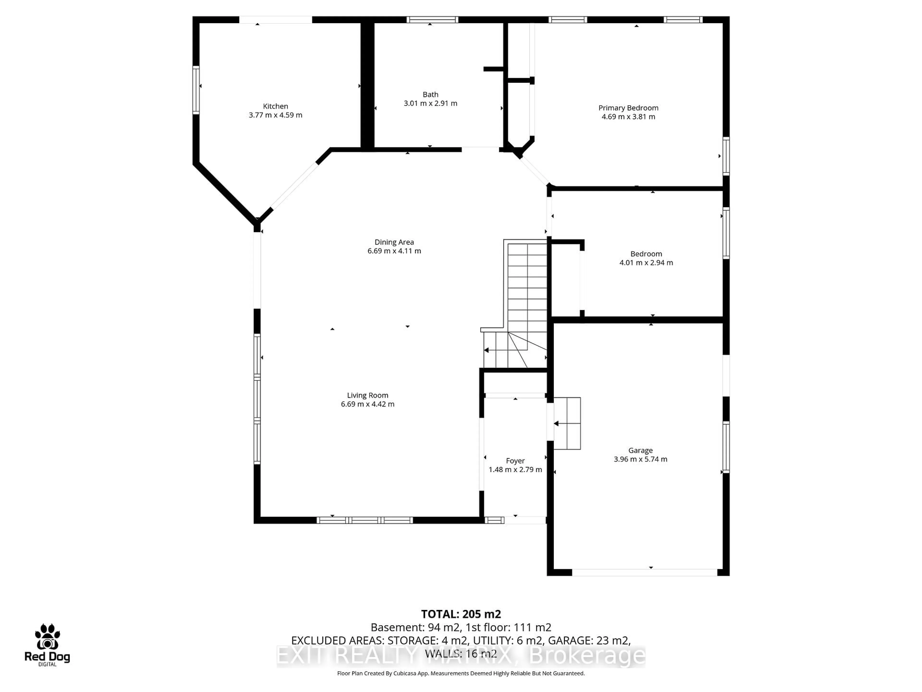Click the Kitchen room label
pos(275,106)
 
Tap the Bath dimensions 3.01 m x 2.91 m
pos(430,104)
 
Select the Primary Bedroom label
pos(628,108)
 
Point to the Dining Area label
pos(394,242)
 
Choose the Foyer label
pos(515,461)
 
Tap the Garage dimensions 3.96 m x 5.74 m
pos(640,459)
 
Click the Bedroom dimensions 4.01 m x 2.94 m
pos(646,263)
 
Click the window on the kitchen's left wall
pos(195,90)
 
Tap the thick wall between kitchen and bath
pos(367,86)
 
